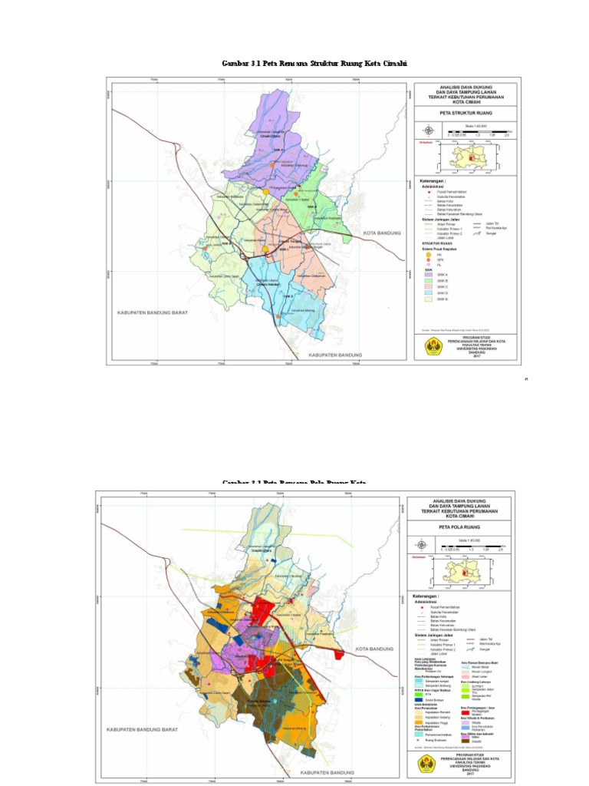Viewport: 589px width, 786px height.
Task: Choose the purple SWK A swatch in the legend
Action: tap(429, 273)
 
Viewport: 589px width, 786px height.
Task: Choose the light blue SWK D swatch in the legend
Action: tap(429, 292)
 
